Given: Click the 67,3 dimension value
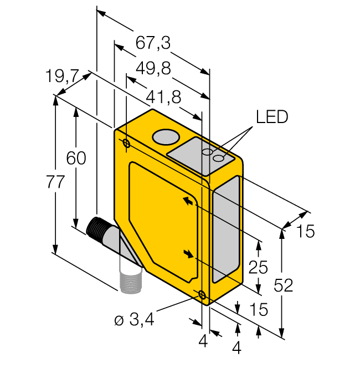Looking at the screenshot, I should pyautogui.click(x=152, y=42).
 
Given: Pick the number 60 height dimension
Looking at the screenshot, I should pyautogui.click(x=76, y=159).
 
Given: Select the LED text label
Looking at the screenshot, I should pyautogui.click(x=272, y=117).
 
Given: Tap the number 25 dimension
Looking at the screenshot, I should pyautogui.click(x=259, y=268).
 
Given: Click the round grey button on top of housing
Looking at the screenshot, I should pyautogui.click(x=165, y=136).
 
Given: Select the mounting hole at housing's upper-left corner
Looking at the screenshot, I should pyautogui.click(x=126, y=145).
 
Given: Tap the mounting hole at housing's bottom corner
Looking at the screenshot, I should pyautogui.click(x=203, y=295).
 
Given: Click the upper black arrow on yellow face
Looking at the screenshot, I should pyautogui.click(x=189, y=201).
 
